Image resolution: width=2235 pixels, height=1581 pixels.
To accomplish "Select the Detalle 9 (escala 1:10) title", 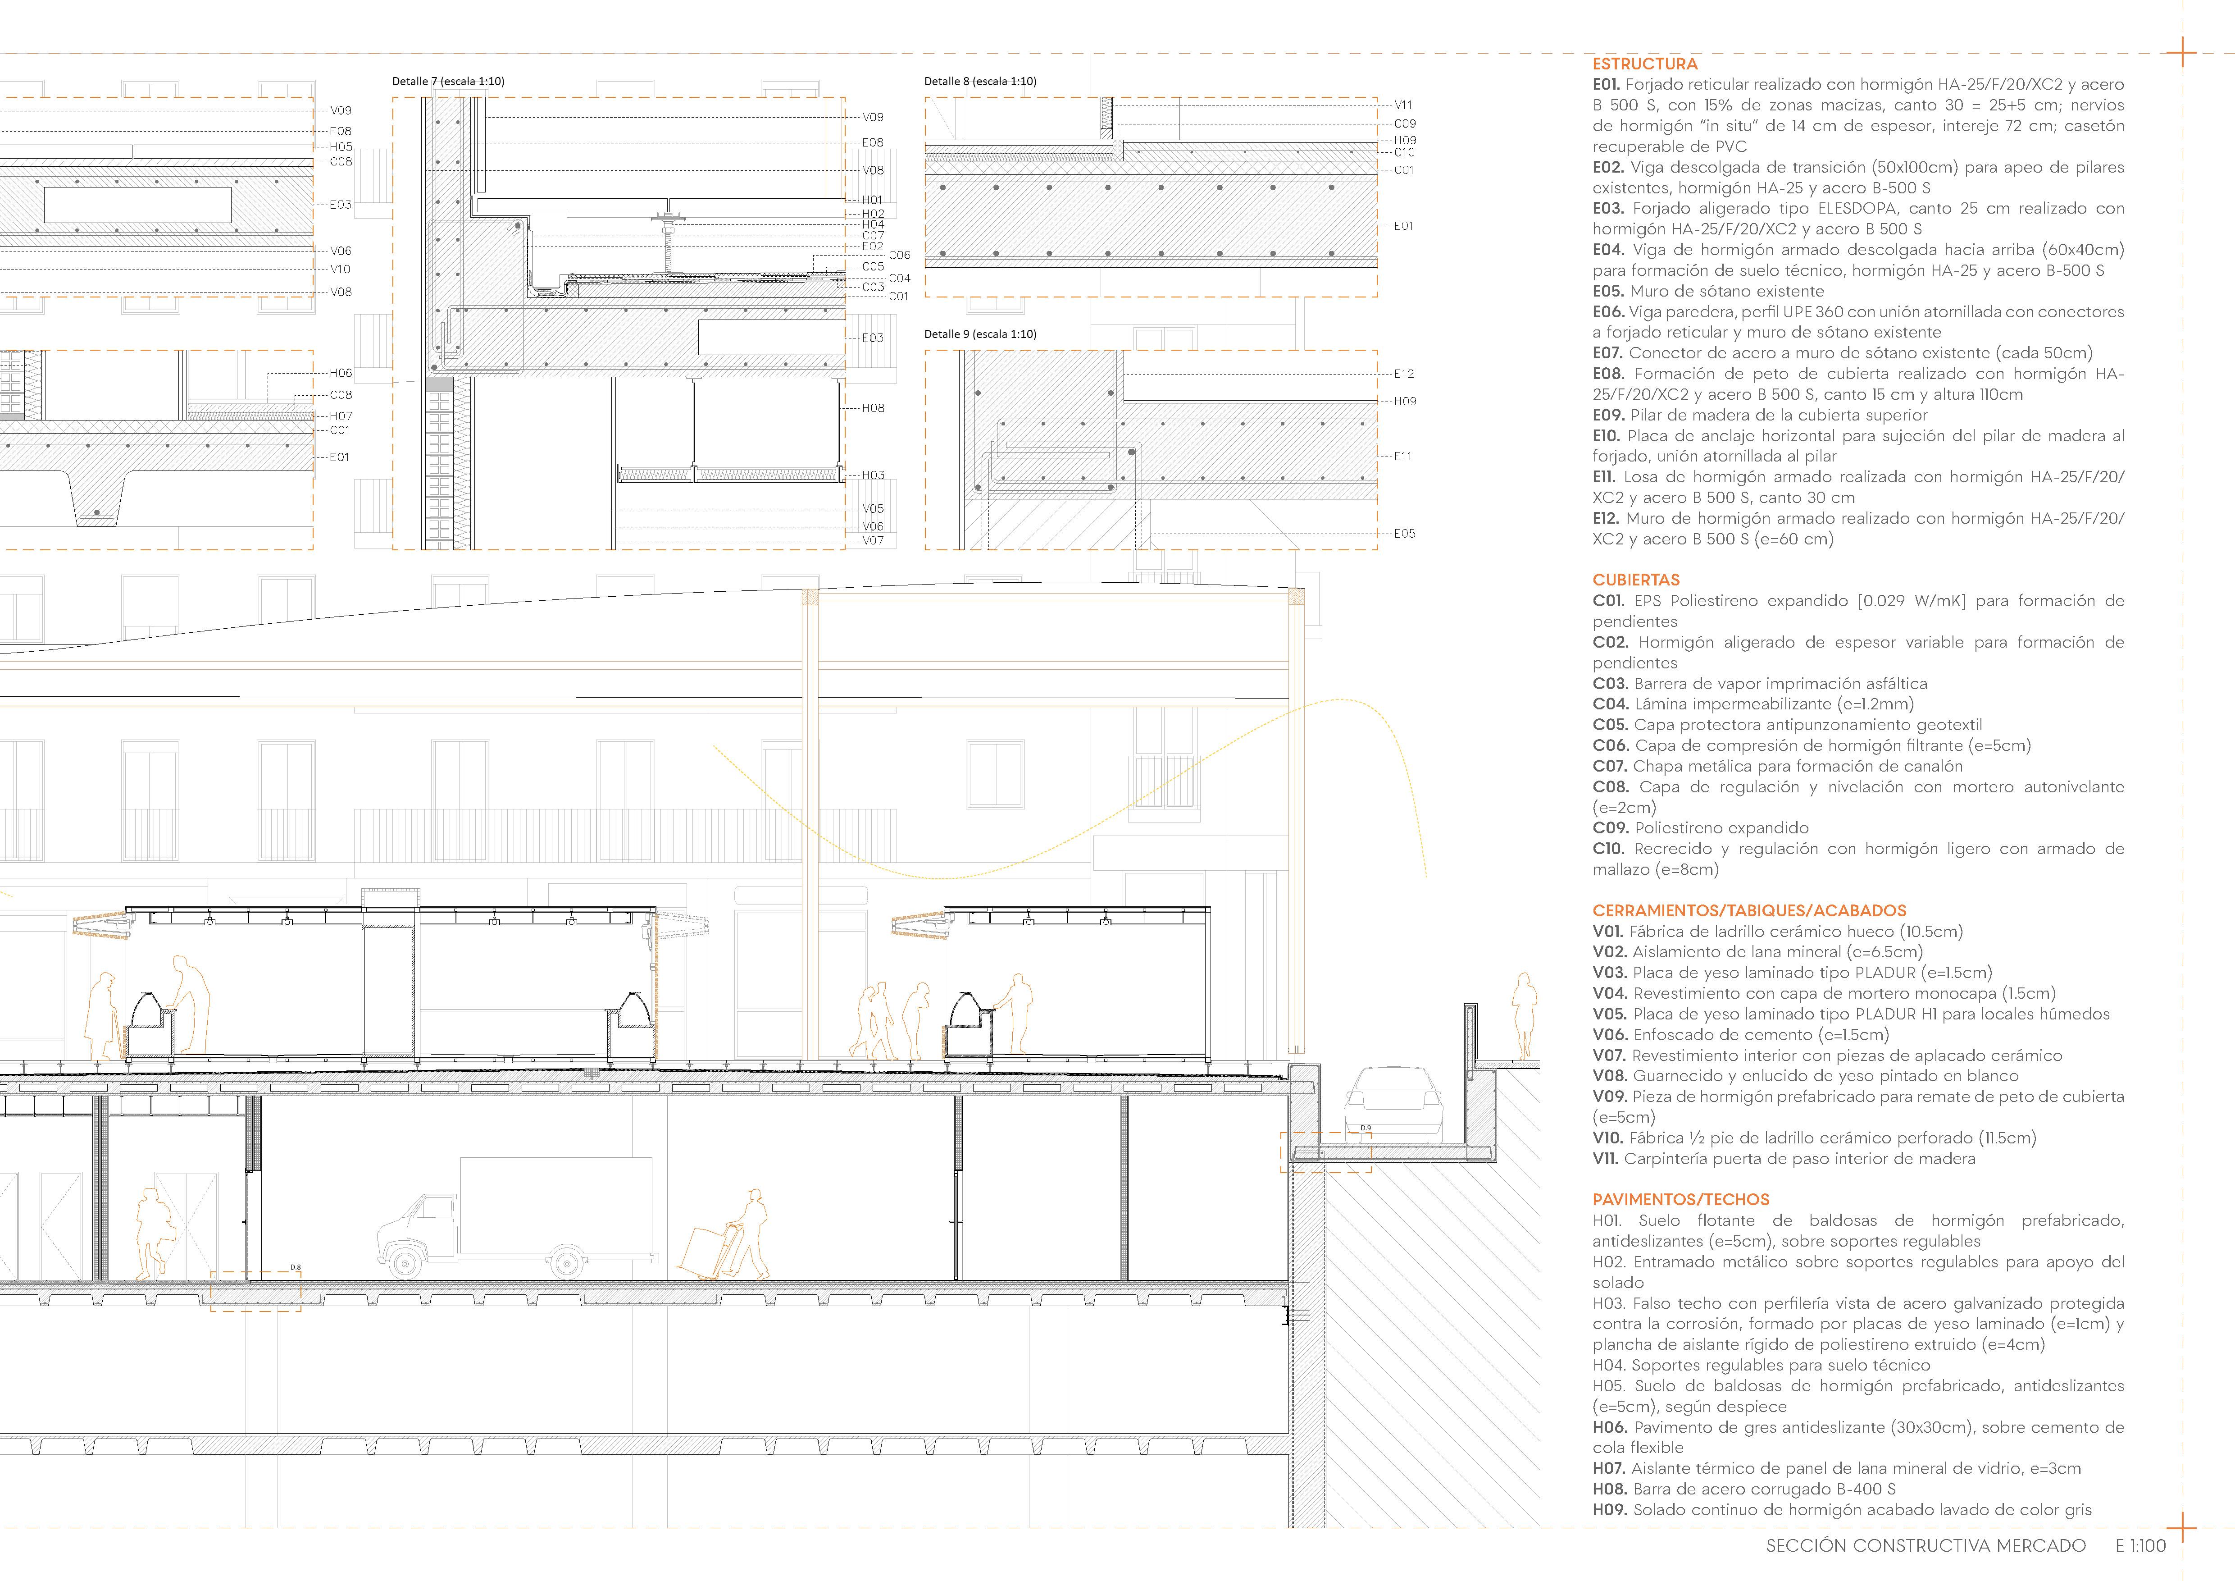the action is tap(980, 334).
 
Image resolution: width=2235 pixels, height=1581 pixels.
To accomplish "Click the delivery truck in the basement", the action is tap(516, 1222).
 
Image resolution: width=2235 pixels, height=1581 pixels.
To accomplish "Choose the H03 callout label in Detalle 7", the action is tap(873, 475).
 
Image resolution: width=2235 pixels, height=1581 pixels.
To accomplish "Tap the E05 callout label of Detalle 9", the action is tap(1404, 534).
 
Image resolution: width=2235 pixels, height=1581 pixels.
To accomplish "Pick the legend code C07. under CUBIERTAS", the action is tap(1610, 766).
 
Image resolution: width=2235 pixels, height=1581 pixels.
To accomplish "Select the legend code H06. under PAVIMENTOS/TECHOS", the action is tap(1610, 1427).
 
